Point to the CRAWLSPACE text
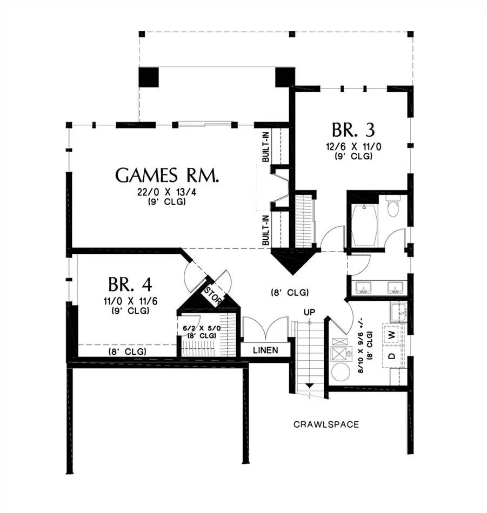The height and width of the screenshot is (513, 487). pyautogui.click(x=326, y=424)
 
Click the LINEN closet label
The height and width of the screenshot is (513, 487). pyautogui.click(x=265, y=350)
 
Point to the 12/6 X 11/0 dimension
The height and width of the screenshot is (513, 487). pyautogui.click(x=353, y=146)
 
